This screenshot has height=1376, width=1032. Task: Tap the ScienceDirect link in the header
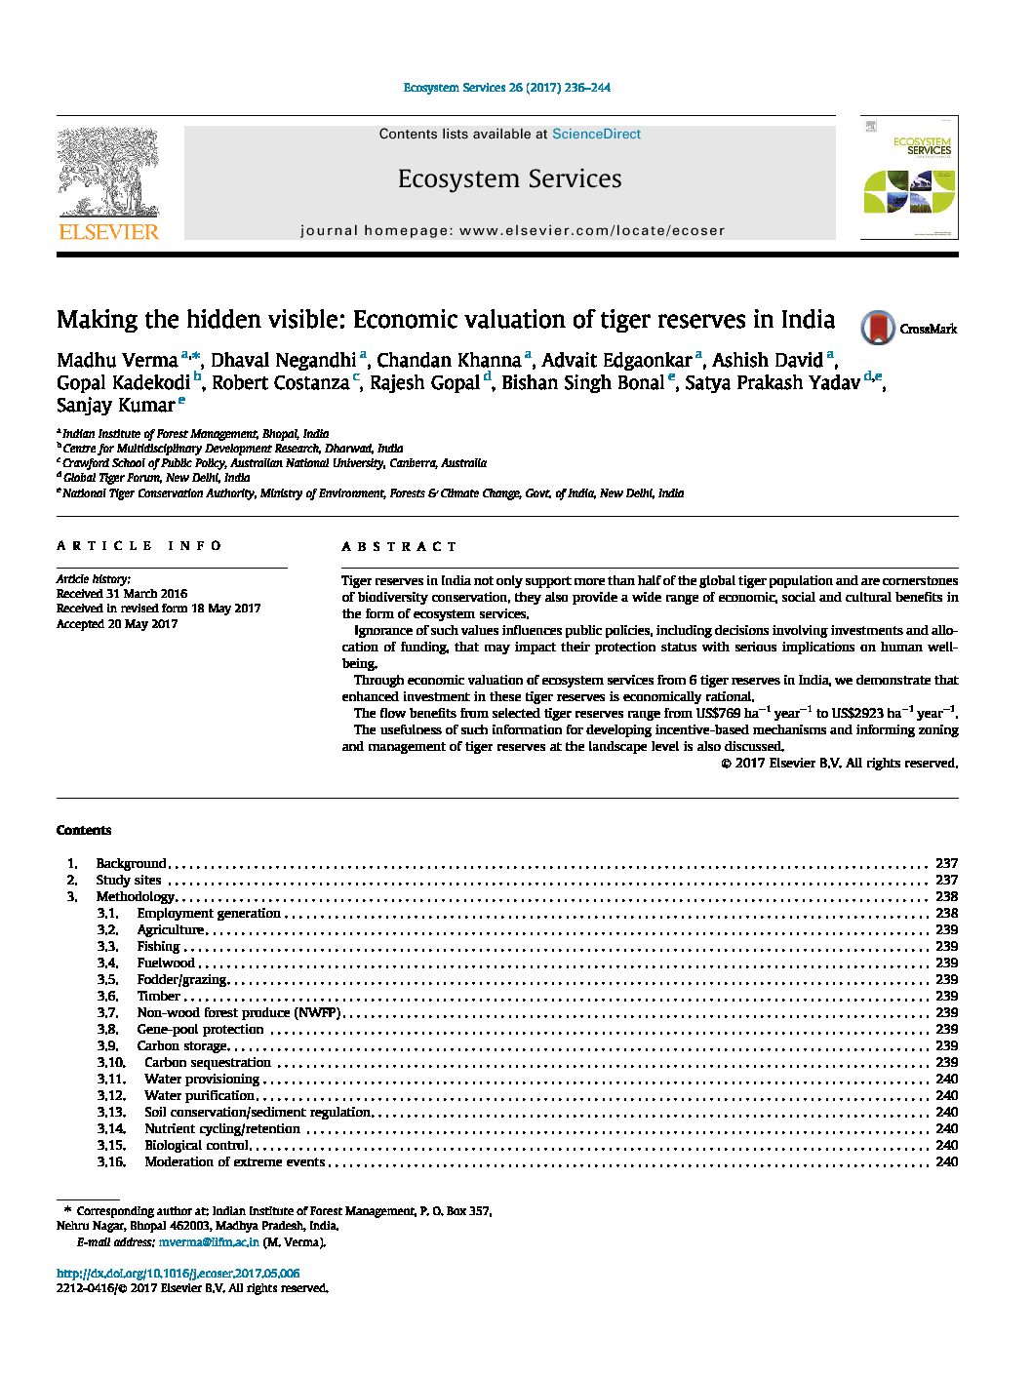coord(596,135)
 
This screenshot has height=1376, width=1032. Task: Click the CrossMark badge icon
coord(878,328)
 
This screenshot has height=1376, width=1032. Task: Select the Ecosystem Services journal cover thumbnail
coord(908,177)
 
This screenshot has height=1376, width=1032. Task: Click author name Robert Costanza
coord(280,383)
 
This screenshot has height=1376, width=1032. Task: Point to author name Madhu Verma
coord(117,360)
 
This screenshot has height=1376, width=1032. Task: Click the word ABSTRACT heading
coord(399,547)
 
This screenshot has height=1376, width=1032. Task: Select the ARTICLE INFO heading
coord(139,546)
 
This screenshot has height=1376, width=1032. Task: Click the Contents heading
coord(84,831)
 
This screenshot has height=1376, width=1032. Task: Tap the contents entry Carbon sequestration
coord(208,1063)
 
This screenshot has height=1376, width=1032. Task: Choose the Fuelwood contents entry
coord(166,963)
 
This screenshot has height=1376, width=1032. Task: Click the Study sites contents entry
coord(129,881)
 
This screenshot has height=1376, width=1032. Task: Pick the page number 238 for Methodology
coord(946,897)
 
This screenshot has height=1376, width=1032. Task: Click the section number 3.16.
coord(111,1162)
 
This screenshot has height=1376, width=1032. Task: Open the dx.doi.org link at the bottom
coord(178,1274)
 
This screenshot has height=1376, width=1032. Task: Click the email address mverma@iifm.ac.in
coord(209,1242)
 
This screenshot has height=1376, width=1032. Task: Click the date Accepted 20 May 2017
coord(117,624)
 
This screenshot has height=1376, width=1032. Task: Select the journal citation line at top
coord(507,88)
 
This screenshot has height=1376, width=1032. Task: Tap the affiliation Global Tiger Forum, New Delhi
coord(156,478)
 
